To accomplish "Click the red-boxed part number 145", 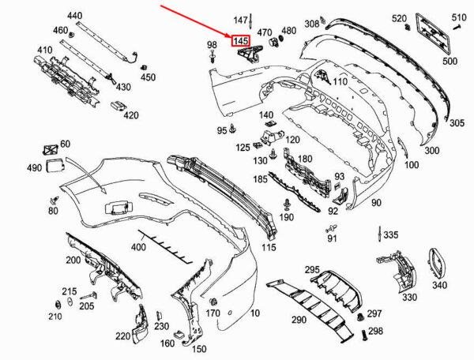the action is [x=241, y=41].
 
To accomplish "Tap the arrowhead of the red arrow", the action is [x=230, y=35].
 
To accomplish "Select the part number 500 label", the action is [x=450, y=61].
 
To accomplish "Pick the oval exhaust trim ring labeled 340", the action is [x=436, y=263].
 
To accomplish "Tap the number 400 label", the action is [x=138, y=247].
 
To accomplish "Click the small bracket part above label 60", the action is [x=51, y=149].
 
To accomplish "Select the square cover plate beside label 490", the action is [x=55, y=165].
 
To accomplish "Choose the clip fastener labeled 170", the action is [x=214, y=302].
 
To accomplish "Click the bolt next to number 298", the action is [x=364, y=335].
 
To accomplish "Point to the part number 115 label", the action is [x=269, y=247].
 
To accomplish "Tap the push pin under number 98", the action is [x=213, y=57].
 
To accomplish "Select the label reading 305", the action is [x=457, y=123].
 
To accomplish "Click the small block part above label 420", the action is [x=118, y=105].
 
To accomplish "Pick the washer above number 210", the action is [x=57, y=305].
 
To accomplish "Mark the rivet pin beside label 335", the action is [x=379, y=234].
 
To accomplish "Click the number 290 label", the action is [x=299, y=319].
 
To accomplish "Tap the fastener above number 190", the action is [x=287, y=204].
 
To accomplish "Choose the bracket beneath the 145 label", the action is [x=250, y=54].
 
